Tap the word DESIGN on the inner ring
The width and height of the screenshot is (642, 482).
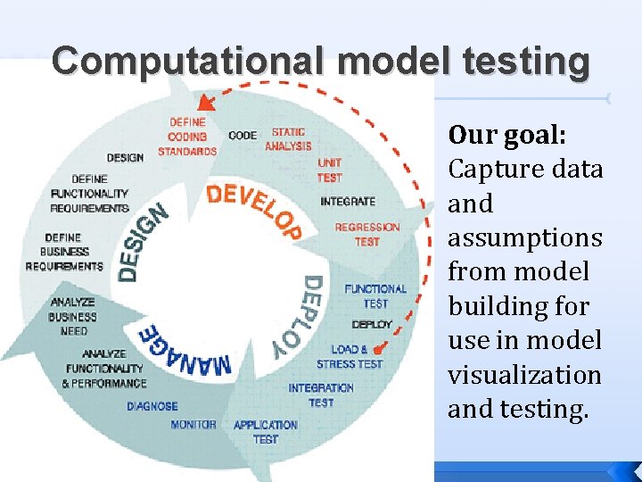point(143,242)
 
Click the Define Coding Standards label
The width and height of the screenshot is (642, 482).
point(187,137)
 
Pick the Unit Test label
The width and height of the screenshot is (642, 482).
point(329,170)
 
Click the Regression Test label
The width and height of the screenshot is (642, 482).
point(366,234)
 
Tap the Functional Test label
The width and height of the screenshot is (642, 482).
point(375,295)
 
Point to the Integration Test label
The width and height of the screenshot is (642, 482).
point(321,395)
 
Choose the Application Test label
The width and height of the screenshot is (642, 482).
point(265,432)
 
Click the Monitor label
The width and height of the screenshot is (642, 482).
point(193,424)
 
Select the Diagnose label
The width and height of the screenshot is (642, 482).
point(152,406)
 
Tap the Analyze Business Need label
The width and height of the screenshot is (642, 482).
point(73,317)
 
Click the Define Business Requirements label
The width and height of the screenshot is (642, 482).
point(64,252)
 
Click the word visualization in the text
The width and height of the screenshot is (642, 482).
point(524,375)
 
